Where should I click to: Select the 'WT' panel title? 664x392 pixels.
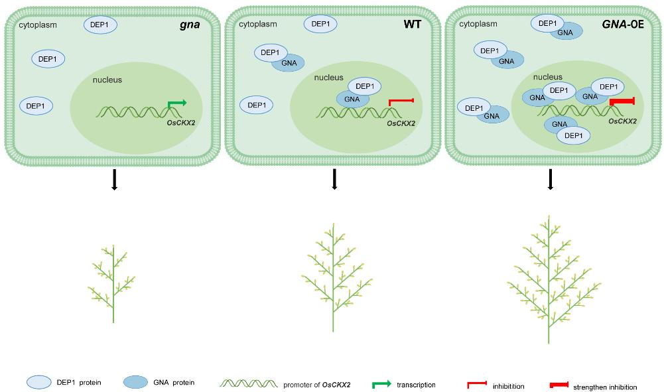click(x=412, y=25)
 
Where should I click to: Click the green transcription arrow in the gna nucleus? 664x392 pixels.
click(x=176, y=103)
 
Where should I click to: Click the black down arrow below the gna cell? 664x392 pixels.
click(x=114, y=178)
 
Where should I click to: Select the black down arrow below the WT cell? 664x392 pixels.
click(x=334, y=178)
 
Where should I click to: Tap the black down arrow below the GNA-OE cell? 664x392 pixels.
click(x=551, y=178)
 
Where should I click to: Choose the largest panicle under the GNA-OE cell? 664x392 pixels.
click(x=550, y=279)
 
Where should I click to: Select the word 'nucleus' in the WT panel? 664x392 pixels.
click(x=328, y=78)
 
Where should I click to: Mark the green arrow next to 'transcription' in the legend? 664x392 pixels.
click(x=381, y=384)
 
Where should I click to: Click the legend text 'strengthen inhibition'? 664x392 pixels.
click(x=605, y=387)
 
